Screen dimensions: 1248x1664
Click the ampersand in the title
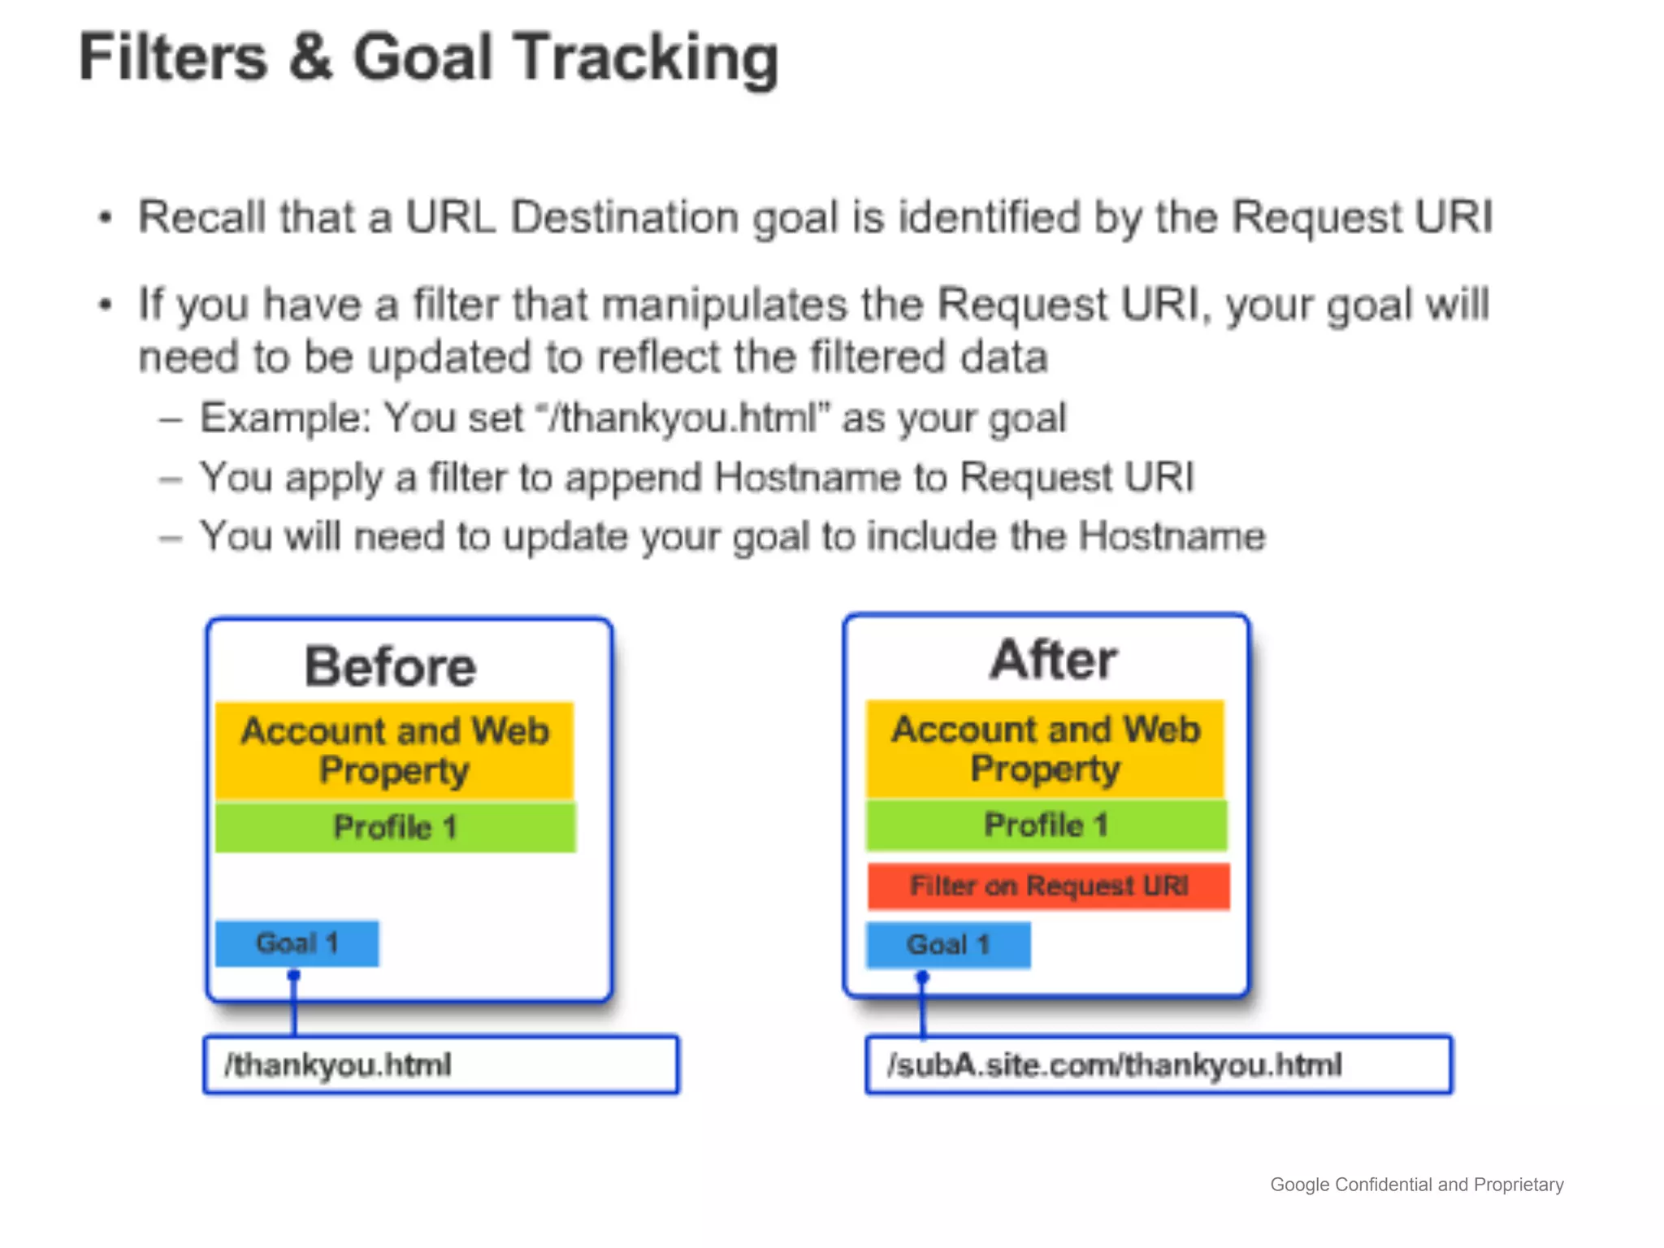tap(310, 58)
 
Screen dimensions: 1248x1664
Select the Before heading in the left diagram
tap(390, 667)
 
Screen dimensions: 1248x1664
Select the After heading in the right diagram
tap(1053, 660)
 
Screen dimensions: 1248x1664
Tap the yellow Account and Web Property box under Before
tap(395, 750)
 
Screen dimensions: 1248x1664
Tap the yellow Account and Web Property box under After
tap(1045, 748)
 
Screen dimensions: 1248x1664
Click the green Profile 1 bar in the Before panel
tap(395, 827)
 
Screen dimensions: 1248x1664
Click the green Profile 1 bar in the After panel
tap(1046, 825)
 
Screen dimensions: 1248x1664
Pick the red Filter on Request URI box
tap(1048, 886)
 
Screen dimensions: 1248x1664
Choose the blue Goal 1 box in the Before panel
tap(297, 943)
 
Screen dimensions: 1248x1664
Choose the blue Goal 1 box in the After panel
tap(947, 945)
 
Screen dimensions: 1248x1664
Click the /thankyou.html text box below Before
tap(440, 1064)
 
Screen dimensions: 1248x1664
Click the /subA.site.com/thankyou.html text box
tap(1158, 1064)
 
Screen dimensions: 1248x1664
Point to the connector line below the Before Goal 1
tap(294, 1006)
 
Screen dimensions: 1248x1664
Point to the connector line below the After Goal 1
tap(923, 1007)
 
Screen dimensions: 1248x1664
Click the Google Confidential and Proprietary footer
tap(1416, 1185)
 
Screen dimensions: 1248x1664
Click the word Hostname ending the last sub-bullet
tap(1171, 536)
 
